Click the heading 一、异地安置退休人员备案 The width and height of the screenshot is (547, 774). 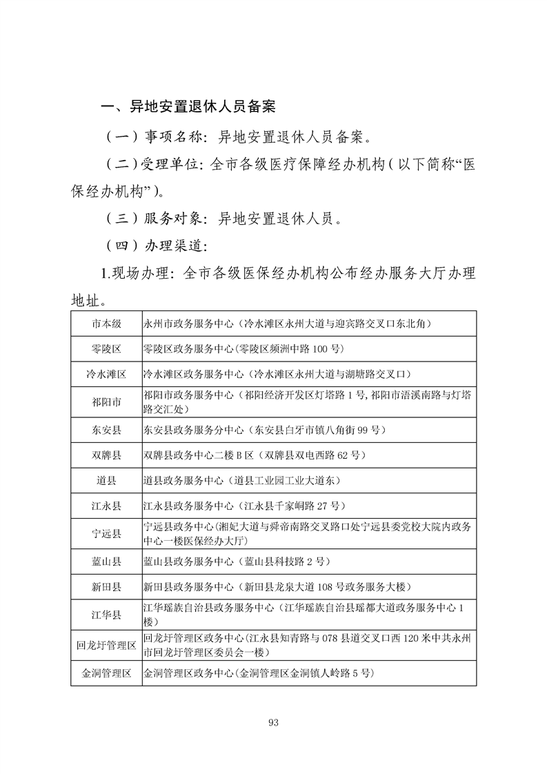(x=188, y=107)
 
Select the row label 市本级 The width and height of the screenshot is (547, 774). (x=107, y=323)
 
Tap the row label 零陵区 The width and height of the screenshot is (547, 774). (x=107, y=348)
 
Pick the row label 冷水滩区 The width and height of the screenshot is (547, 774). (x=107, y=375)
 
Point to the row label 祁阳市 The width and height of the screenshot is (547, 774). (x=107, y=402)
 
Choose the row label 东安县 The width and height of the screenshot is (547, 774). (x=107, y=430)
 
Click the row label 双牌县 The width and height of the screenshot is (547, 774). (x=107, y=455)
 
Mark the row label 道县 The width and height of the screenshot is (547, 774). (x=107, y=480)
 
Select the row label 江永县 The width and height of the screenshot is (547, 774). (x=107, y=506)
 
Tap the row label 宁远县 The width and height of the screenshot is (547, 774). (x=107, y=533)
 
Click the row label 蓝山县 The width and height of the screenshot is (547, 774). (x=107, y=562)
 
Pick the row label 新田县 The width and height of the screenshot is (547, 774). (x=107, y=587)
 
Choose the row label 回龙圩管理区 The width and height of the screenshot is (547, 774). (x=107, y=645)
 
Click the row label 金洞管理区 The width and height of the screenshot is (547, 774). (x=107, y=673)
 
